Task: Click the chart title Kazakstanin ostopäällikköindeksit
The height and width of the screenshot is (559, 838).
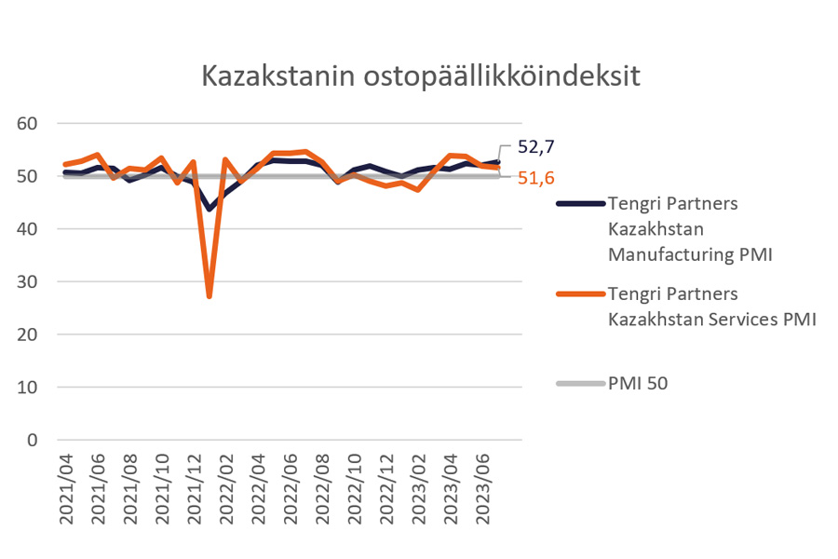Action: coord(421,76)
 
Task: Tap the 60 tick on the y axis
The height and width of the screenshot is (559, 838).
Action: coord(27,124)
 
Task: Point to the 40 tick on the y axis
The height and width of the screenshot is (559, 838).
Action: coord(27,229)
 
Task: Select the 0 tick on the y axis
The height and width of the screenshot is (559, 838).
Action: coord(34,440)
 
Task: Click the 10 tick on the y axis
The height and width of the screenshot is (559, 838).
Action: coord(27,388)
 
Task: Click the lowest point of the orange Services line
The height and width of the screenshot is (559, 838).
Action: coord(209,295)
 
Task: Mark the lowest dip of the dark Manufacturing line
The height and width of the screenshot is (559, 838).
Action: coord(209,209)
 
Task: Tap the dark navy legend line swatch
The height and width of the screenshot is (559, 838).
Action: coord(578,202)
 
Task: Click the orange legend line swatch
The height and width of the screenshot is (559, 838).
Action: coord(578,294)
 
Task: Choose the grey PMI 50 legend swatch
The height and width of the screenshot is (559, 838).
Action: coord(578,382)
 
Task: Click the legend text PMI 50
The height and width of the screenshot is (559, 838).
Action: coord(638,382)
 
